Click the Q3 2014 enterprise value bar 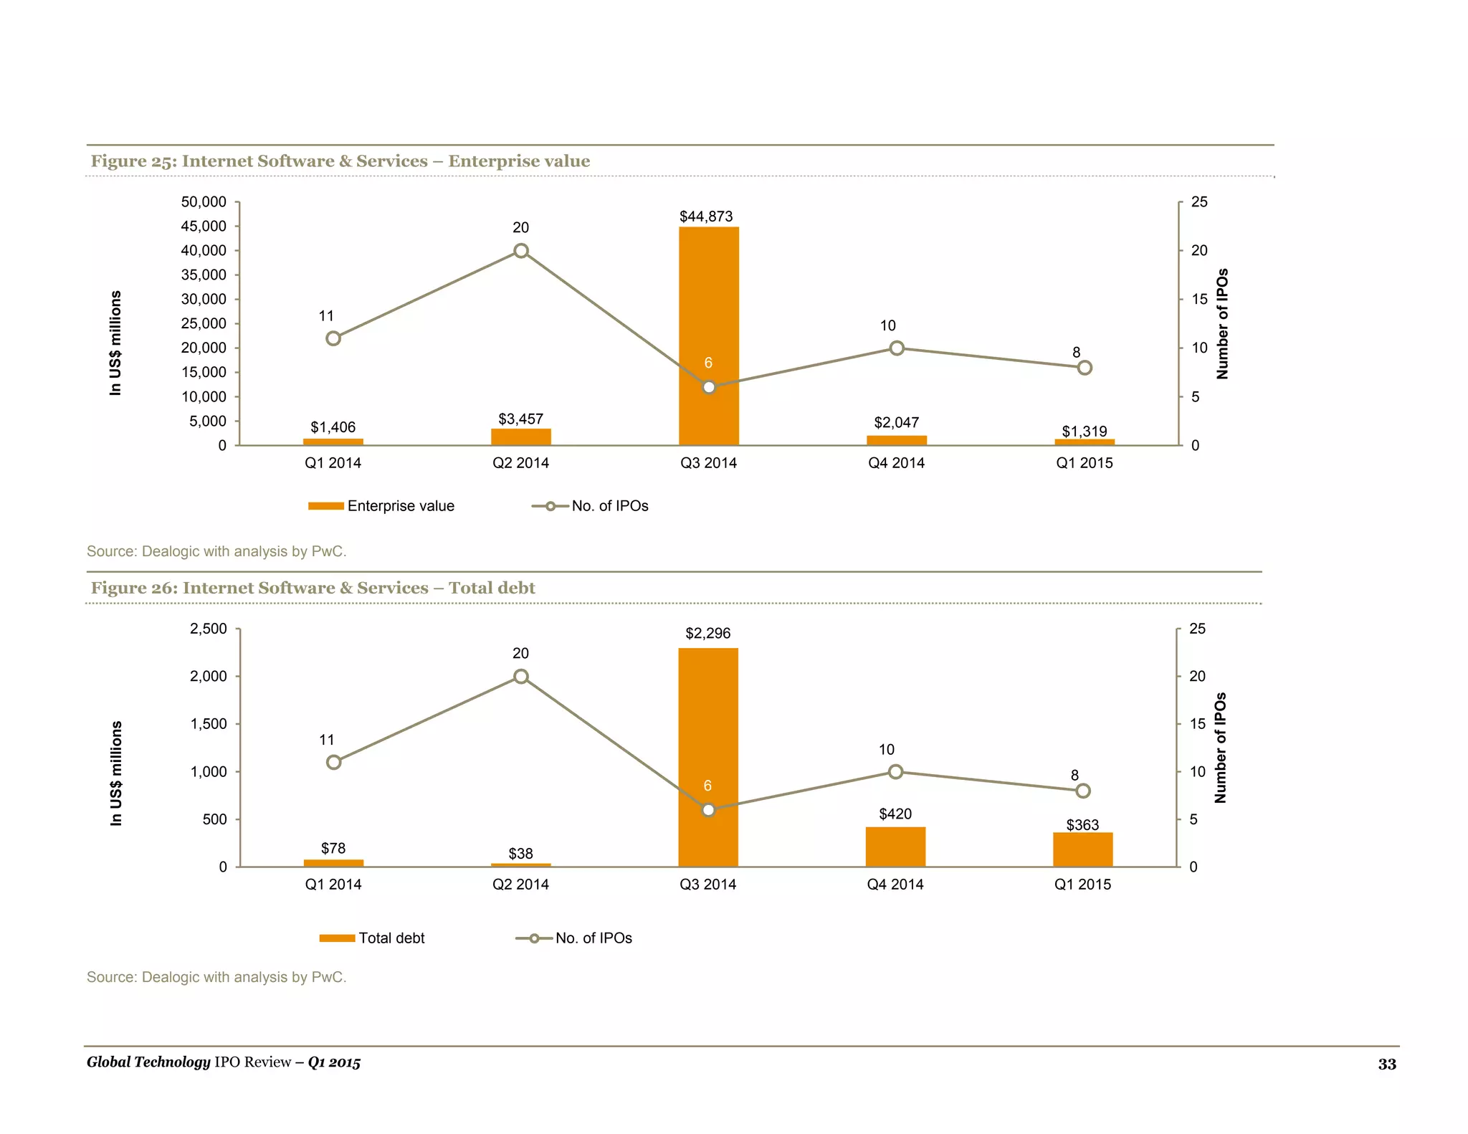point(708,301)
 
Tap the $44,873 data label point(706,216)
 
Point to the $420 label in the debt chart point(895,814)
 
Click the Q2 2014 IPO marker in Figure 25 point(521,251)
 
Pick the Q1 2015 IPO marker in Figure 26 point(1083,791)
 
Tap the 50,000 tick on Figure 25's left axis point(204,202)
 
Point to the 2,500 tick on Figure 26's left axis point(208,629)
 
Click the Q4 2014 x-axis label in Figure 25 point(896,463)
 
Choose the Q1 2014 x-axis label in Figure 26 point(333,885)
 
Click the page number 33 point(1387,1064)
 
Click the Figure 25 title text point(340,161)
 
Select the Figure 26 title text point(313,588)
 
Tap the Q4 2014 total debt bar point(895,847)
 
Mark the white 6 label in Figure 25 point(708,363)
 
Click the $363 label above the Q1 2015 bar point(1082,825)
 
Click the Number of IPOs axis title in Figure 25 point(1222,324)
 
